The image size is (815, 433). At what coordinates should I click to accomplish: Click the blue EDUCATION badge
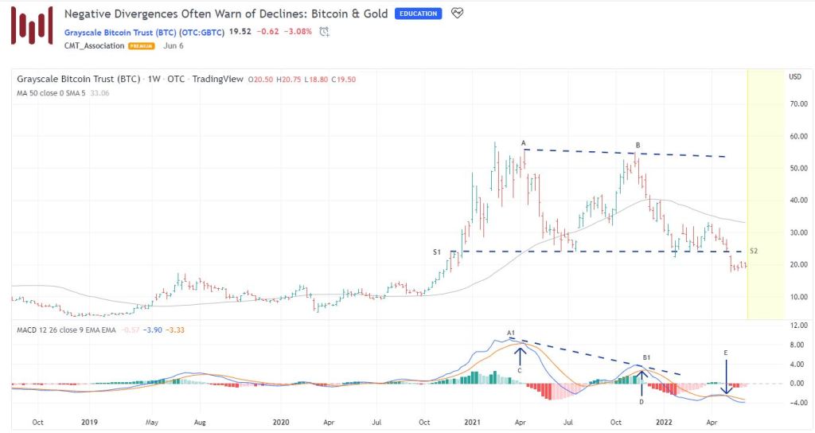point(419,14)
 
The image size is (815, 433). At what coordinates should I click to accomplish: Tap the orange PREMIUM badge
point(142,46)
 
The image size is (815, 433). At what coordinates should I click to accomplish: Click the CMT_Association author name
point(94,46)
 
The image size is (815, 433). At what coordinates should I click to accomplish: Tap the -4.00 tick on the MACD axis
point(794,403)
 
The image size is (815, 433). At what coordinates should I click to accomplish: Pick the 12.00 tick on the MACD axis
point(794,326)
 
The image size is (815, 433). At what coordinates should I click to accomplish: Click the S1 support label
point(436,252)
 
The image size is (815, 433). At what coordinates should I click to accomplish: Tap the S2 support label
point(754,252)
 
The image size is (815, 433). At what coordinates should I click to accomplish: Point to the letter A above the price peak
point(524,143)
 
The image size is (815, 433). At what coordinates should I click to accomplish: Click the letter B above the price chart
point(638,145)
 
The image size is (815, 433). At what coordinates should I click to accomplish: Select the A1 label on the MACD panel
point(511,332)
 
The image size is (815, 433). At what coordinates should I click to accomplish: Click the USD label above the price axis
point(794,76)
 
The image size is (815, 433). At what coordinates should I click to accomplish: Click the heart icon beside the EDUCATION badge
point(456,14)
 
